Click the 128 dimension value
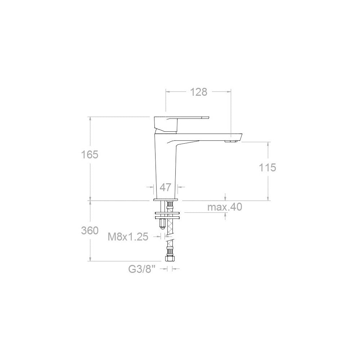coord(199,92)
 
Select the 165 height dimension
coord(90,154)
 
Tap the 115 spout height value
coord(267,168)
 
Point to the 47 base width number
coord(166,188)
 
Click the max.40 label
coord(225,207)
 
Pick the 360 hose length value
coord(90,230)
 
